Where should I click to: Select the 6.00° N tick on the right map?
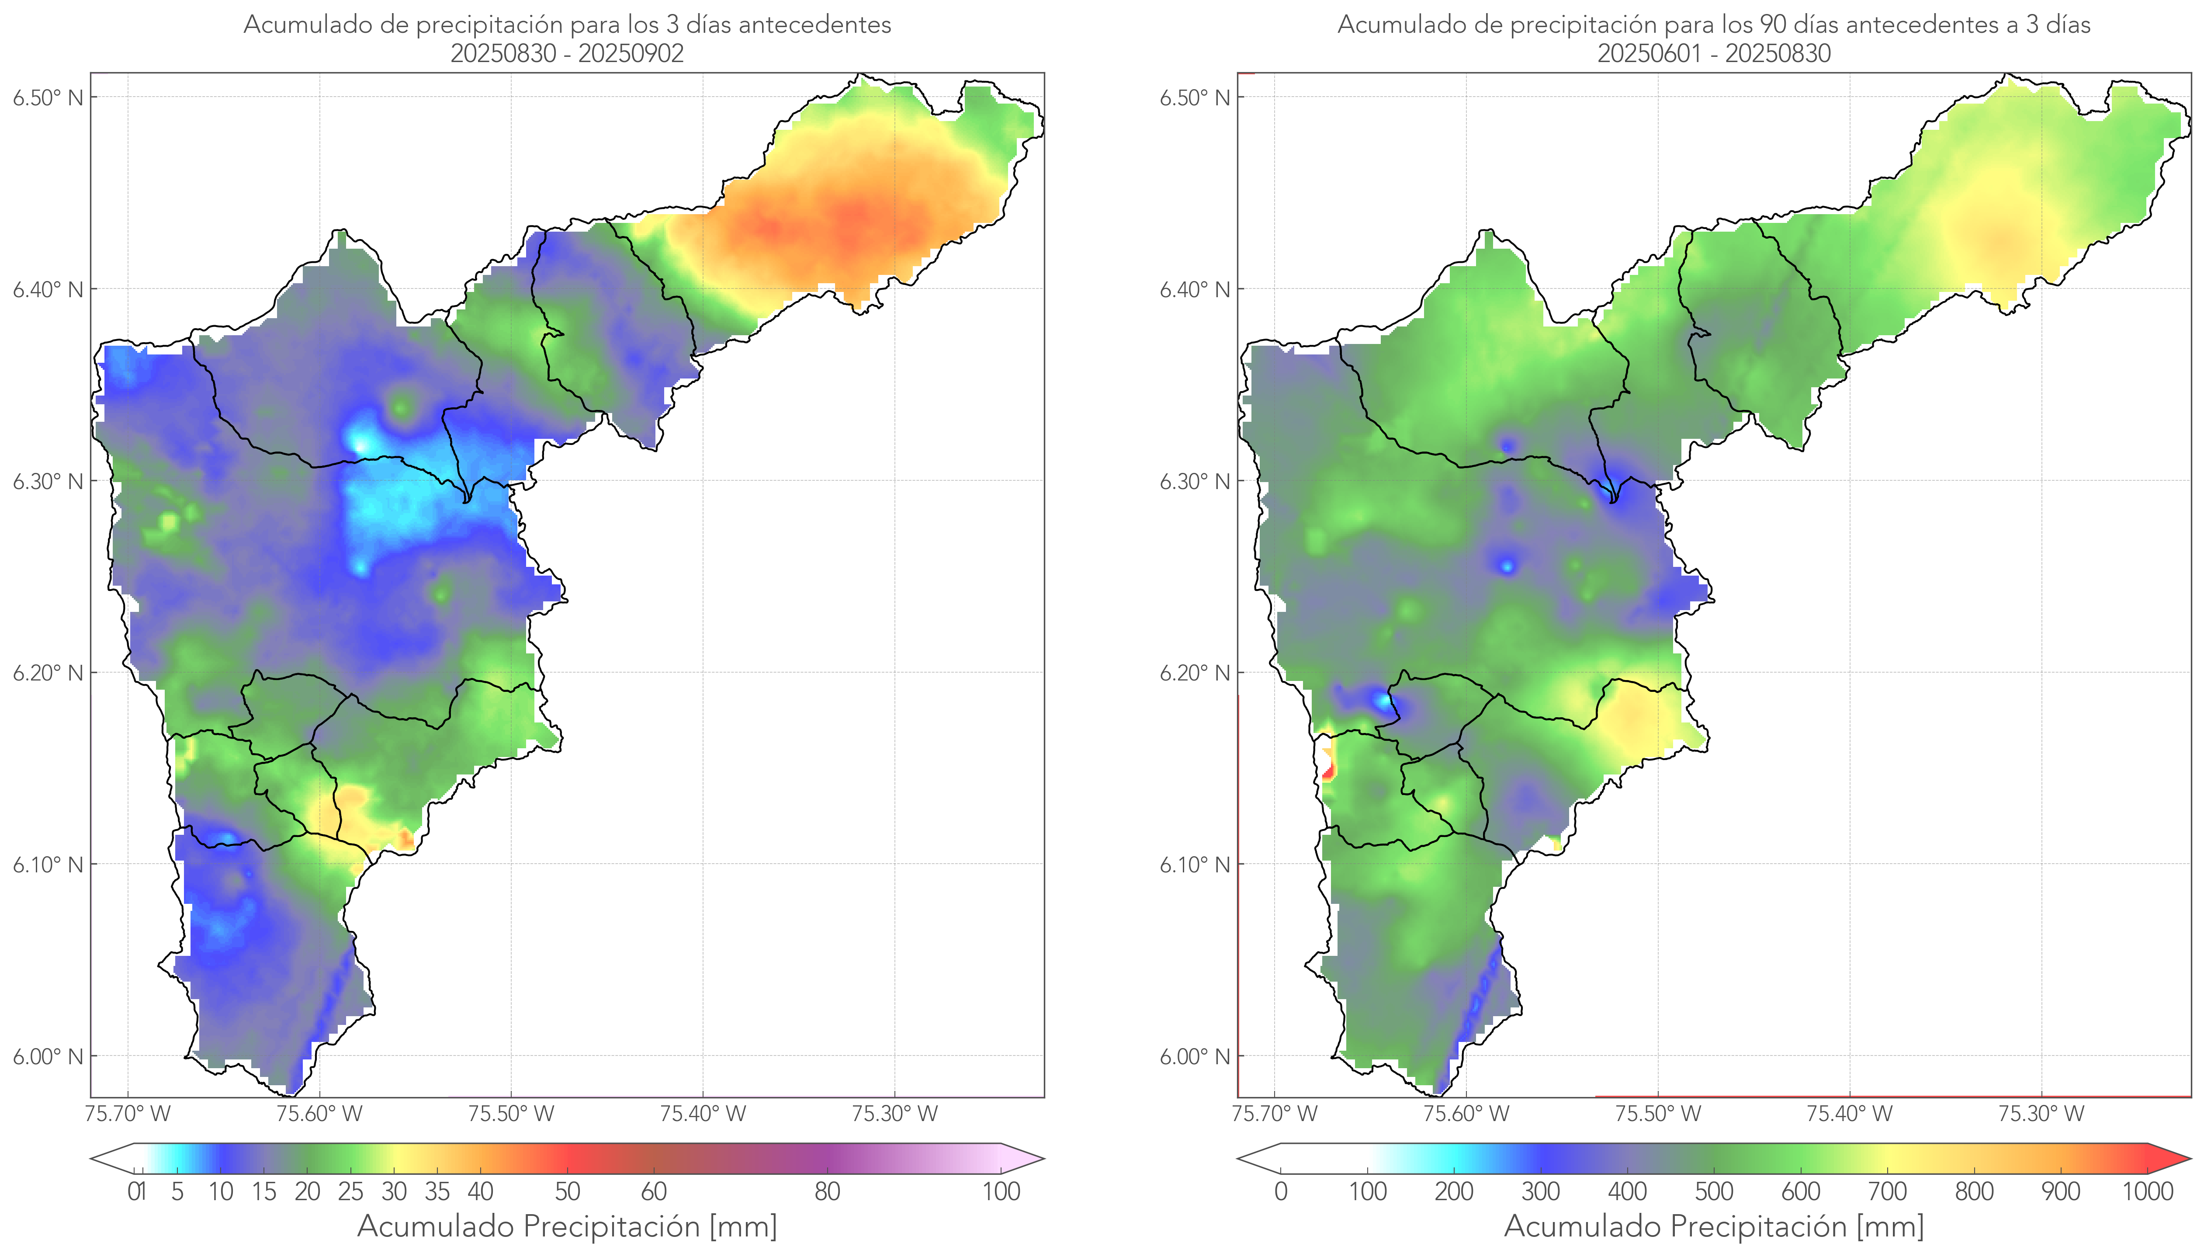(x=1195, y=1057)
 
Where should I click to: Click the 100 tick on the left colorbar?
(x=1001, y=1191)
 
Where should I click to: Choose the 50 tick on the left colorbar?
(x=567, y=1191)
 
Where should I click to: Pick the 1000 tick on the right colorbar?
(x=2147, y=1191)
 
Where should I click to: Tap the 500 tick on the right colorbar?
(x=1714, y=1191)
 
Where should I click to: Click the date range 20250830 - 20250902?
(x=567, y=53)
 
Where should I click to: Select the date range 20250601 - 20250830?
(x=1714, y=53)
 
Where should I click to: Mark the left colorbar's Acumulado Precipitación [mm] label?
(x=567, y=1226)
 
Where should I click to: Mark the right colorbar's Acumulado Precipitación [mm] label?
(x=1714, y=1226)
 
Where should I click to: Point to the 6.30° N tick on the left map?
(x=49, y=481)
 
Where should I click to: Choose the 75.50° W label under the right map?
(x=1658, y=1114)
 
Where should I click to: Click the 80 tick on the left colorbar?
(x=827, y=1191)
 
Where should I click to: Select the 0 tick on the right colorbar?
(x=1281, y=1191)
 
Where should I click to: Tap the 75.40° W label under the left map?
(x=703, y=1114)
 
